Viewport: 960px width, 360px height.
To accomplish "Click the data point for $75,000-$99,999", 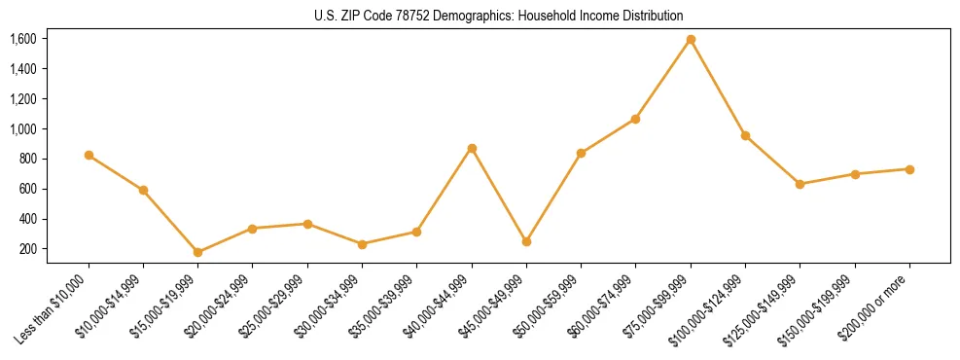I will [691, 40].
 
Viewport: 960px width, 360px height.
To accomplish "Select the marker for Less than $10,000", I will [89, 155].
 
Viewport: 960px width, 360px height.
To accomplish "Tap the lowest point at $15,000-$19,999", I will [198, 252].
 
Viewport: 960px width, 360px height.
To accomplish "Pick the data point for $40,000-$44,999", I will [472, 148].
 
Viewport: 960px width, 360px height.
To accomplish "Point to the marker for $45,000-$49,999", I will [526, 241].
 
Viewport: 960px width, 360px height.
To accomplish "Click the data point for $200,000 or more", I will [909, 169].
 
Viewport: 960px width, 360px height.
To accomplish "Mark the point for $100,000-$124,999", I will [745, 135].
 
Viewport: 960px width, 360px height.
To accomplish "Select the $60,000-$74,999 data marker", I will [635, 119].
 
